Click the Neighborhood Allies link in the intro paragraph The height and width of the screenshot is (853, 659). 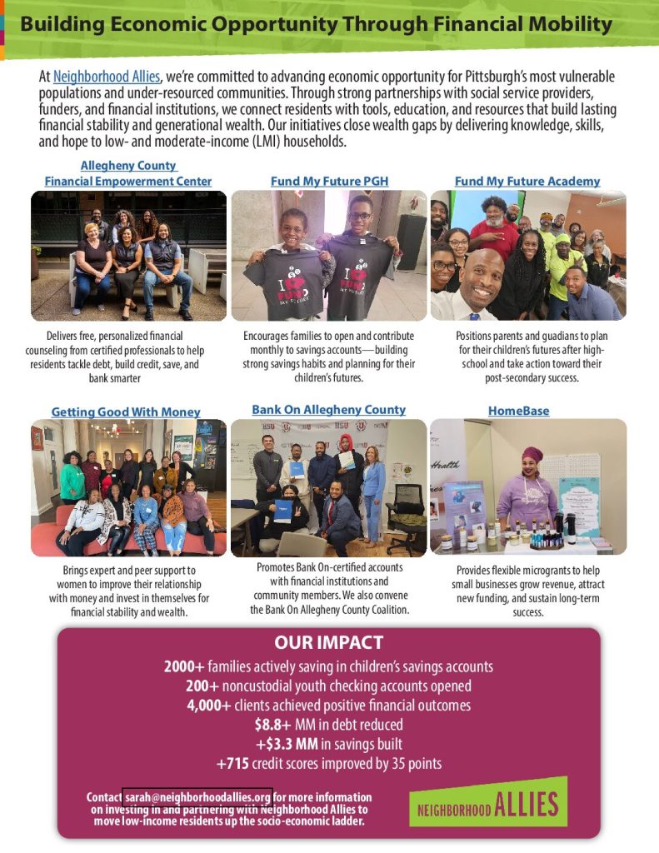click(107, 77)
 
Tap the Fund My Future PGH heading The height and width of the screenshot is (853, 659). click(329, 181)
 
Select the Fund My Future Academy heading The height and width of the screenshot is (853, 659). click(527, 181)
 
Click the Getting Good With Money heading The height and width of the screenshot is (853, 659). click(126, 412)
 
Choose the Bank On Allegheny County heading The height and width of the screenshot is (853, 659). click(328, 410)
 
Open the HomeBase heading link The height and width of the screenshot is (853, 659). click(518, 411)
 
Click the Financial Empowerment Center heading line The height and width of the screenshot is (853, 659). click(128, 181)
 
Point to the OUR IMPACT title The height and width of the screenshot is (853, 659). click(328, 642)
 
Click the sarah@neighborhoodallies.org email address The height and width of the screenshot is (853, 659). click(197, 797)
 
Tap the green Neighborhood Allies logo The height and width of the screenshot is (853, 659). click(487, 803)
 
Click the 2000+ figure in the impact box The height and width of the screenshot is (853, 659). click(184, 666)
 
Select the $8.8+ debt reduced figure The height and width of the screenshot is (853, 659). click(272, 725)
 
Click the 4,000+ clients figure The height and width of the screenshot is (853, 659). click(209, 706)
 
